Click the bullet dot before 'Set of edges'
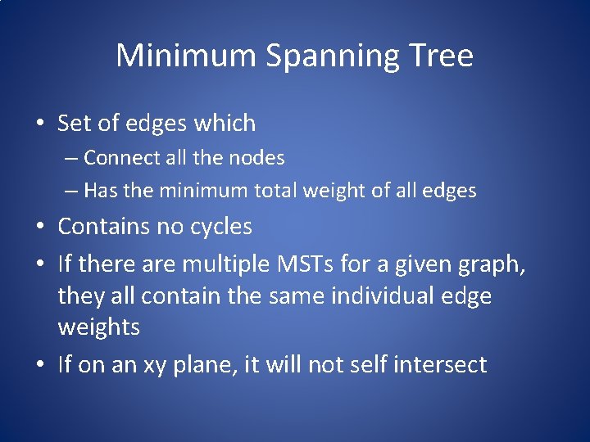(40, 124)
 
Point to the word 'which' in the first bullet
(225, 124)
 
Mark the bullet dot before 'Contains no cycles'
(40, 227)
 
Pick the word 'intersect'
(442, 364)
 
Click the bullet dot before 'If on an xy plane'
(40, 365)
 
